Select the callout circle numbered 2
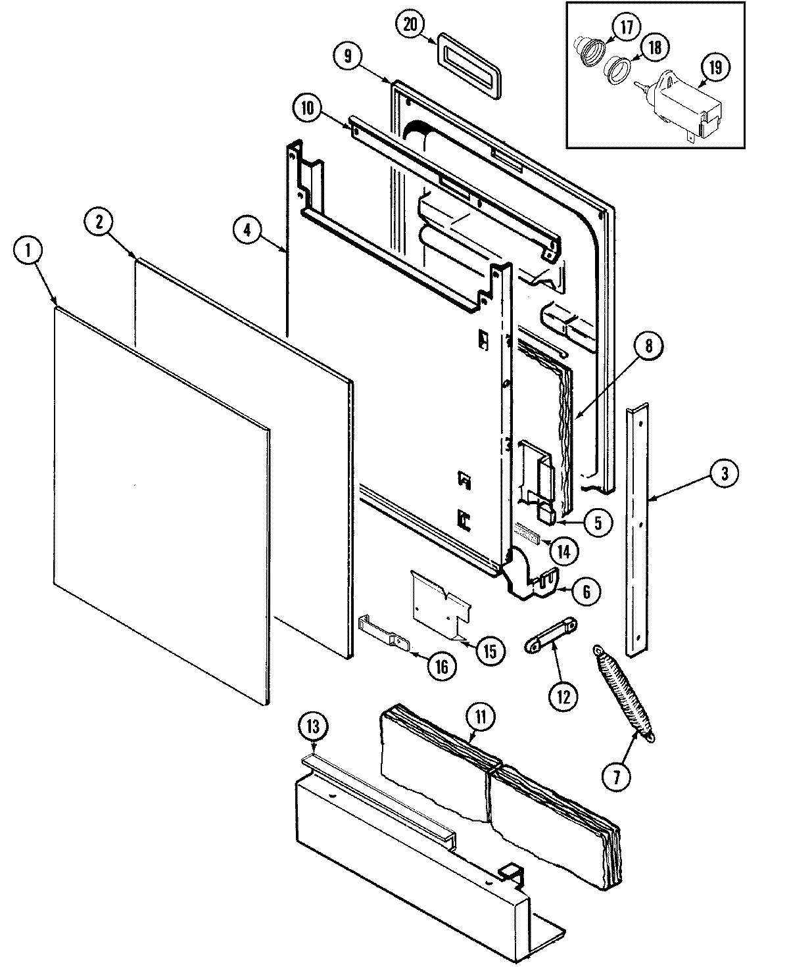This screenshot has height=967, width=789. [99, 222]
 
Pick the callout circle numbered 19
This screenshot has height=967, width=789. [715, 66]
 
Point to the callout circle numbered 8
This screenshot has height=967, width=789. [648, 347]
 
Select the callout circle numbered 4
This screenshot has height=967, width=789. [247, 230]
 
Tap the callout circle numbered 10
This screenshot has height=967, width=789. [308, 108]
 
